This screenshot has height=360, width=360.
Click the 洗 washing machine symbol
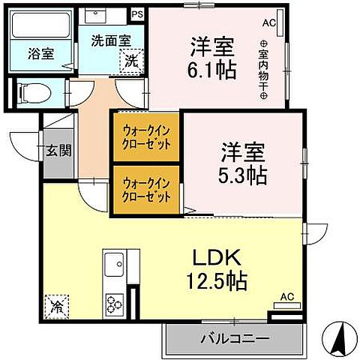[x=131, y=60]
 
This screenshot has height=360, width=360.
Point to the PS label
[x=136, y=13]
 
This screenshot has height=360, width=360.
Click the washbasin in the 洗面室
[x=94, y=15]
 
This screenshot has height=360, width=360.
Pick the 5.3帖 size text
[x=244, y=177]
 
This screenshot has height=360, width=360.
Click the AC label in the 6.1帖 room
[x=269, y=23]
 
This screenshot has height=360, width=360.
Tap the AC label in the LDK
[x=286, y=297]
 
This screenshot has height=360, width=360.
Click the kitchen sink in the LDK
[x=115, y=265]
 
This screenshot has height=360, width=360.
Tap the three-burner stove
[x=115, y=304]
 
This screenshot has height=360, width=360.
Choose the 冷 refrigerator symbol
[x=56, y=306]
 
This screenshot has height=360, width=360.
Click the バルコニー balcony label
[x=234, y=338]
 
